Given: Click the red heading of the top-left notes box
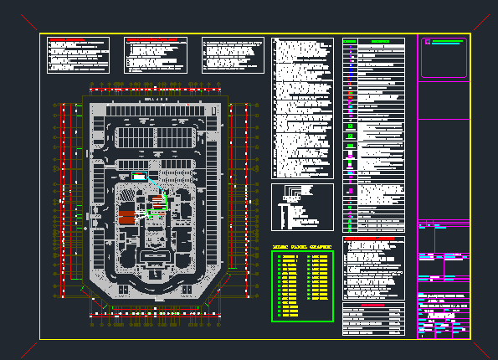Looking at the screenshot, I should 64,40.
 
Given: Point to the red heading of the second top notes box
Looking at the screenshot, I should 151,40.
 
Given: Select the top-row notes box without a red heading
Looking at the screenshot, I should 228,54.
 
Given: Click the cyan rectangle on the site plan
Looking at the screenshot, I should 137,176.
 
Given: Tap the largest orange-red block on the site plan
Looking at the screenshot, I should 126,216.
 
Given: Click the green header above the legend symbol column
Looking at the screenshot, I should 350,41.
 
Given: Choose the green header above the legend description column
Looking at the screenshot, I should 383,41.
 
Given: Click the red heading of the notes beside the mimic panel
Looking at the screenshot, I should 368,239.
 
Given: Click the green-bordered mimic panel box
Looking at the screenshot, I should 302,285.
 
